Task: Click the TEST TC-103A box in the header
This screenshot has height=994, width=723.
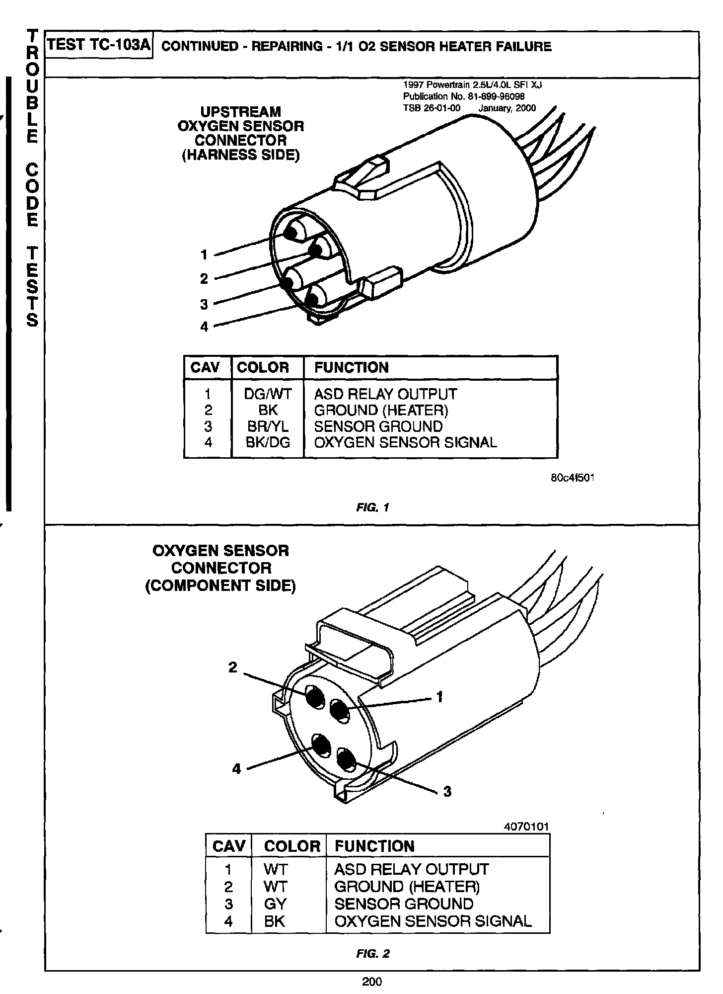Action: coord(99,45)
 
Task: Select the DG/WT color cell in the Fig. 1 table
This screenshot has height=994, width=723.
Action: coord(268,394)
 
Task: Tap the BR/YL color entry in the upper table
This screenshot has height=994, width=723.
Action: coord(268,426)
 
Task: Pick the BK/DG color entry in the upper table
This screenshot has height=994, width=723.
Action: coord(268,442)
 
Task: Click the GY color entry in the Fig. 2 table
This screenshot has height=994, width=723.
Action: coord(275,904)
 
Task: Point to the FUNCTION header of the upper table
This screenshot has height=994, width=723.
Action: coord(352,368)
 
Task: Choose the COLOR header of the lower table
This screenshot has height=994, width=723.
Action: coord(292,846)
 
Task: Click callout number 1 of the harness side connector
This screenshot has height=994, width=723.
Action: coord(204,255)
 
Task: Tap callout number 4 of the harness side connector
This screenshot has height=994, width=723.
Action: coord(204,327)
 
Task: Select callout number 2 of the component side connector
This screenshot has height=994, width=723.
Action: coord(232,667)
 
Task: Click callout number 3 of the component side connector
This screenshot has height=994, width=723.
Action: coord(447,792)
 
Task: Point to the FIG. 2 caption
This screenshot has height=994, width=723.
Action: coord(373,954)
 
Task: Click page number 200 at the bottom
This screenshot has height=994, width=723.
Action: coord(372,982)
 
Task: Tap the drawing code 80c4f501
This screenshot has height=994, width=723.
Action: coord(572,478)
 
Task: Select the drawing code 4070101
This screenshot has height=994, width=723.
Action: coord(526,827)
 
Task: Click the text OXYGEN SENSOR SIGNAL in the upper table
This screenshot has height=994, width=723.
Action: coord(405,442)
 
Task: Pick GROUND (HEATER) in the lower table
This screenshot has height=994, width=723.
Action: coord(407,887)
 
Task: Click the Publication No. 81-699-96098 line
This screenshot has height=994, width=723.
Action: coord(464,96)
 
